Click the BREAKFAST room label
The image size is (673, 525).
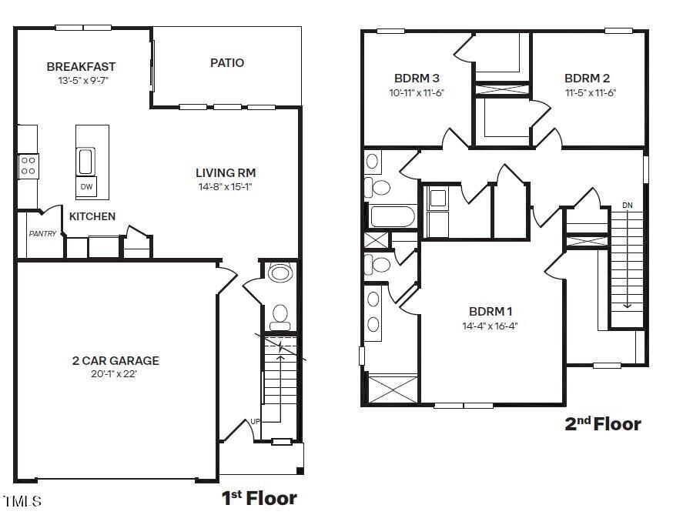(x=81, y=67)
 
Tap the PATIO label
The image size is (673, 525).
(x=227, y=62)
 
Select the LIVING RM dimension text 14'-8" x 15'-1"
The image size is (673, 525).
(x=226, y=186)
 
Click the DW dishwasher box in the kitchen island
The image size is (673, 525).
(x=86, y=186)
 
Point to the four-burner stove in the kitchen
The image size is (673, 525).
(x=28, y=166)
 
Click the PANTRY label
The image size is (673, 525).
(x=42, y=234)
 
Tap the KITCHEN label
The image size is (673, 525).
(x=92, y=216)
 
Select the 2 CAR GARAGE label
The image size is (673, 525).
(x=116, y=361)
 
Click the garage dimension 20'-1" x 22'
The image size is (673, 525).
(x=114, y=374)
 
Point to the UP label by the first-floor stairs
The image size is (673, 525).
(x=255, y=422)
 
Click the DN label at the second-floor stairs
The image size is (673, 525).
(x=628, y=206)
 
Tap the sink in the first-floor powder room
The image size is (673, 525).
(x=280, y=273)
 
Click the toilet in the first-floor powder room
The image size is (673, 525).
(x=280, y=316)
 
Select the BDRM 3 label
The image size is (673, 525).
(x=417, y=79)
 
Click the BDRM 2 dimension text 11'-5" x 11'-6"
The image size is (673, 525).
(x=591, y=92)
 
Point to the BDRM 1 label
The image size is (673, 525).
(x=491, y=312)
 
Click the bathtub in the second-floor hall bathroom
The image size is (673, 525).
(x=393, y=216)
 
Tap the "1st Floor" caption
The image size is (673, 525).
(x=259, y=498)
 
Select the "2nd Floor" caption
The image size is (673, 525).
(x=603, y=424)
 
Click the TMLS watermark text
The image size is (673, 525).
(x=22, y=501)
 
